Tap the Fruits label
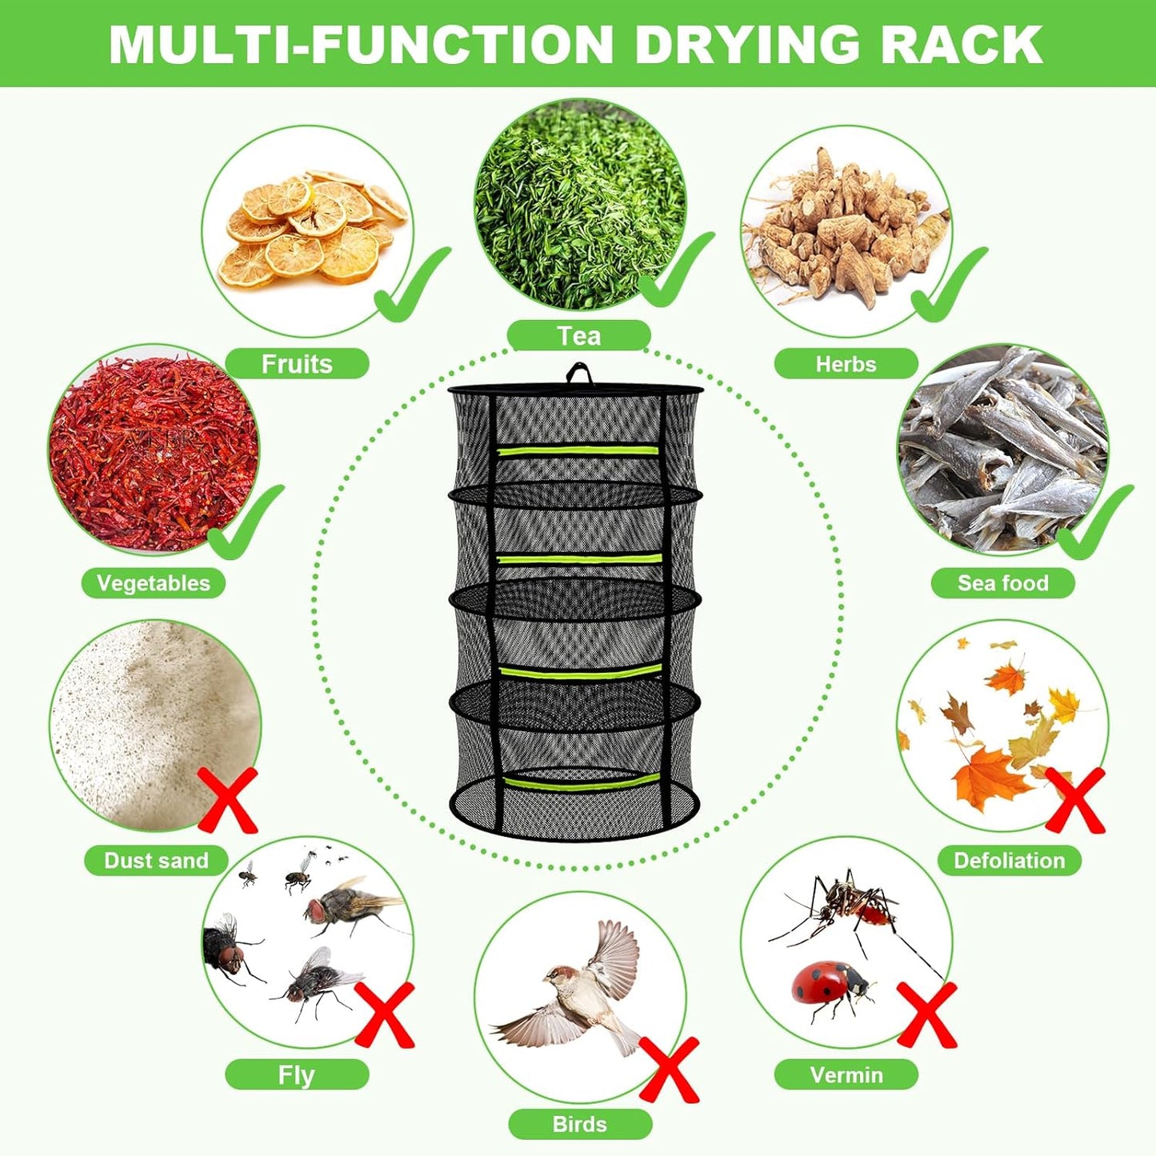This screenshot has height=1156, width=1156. (297, 364)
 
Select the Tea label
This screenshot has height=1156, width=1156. (578, 335)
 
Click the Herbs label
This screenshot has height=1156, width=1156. (846, 364)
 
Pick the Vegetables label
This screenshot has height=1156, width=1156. (153, 583)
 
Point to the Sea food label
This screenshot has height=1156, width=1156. (1002, 583)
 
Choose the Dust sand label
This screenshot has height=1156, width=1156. (156, 861)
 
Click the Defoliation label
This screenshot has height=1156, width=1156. (1009, 861)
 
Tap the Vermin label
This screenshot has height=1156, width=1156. (846, 1074)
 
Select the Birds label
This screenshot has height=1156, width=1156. (579, 1124)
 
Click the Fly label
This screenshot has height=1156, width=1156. (296, 1074)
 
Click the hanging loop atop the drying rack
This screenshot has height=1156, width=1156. (578, 374)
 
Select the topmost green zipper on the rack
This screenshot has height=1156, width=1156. (578, 450)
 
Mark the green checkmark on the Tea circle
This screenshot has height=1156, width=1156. (676, 272)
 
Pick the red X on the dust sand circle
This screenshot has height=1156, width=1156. (228, 800)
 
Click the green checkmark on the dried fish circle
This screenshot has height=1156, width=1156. (1094, 524)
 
